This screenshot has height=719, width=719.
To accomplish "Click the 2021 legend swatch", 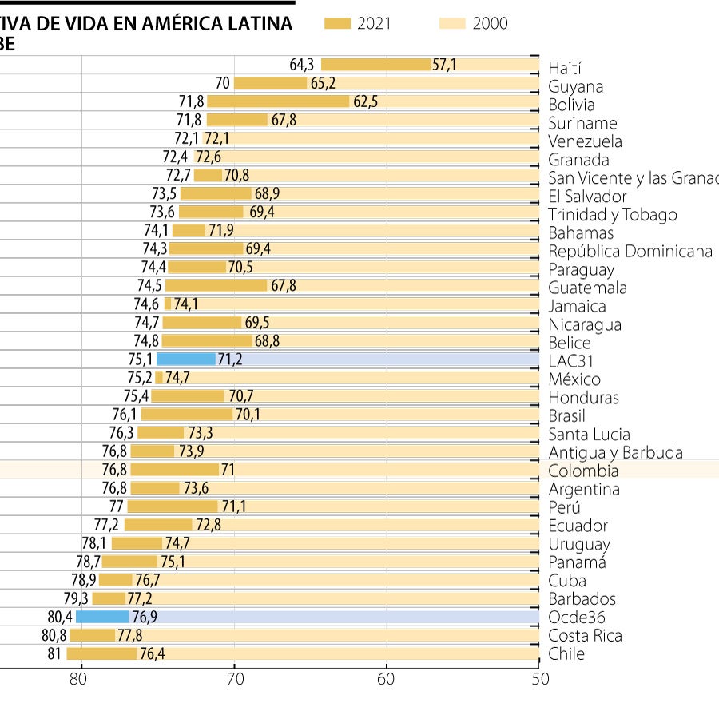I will [x=338, y=24].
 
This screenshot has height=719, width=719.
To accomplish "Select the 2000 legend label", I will [x=490, y=24].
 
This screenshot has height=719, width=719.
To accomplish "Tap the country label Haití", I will [x=565, y=69].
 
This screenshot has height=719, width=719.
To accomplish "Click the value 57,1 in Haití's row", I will [x=444, y=65].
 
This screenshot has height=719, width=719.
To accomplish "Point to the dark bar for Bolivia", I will [x=278, y=101].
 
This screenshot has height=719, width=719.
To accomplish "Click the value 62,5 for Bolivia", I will [x=365, y=101].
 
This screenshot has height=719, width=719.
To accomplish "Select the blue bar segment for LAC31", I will [x=186, y=359].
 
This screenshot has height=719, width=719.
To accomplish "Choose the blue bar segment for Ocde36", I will [x=102, y=616].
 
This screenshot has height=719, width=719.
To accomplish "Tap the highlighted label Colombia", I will [x=582, y=471].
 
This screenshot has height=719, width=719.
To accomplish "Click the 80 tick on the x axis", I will [x=77, y=680].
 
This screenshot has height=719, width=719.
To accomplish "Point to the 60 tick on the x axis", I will [x=387, y=680].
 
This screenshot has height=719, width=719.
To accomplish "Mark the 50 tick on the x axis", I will [x=540, y=680].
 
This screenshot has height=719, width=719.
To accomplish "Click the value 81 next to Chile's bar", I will [x=54, y=653].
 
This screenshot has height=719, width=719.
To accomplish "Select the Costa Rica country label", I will [x=585, y=636].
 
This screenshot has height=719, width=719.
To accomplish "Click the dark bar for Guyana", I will [x=270, y=83].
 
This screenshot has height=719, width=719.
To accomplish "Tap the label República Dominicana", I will [x=630, y=251].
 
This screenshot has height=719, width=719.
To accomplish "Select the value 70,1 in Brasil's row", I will [x=247, y=414].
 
